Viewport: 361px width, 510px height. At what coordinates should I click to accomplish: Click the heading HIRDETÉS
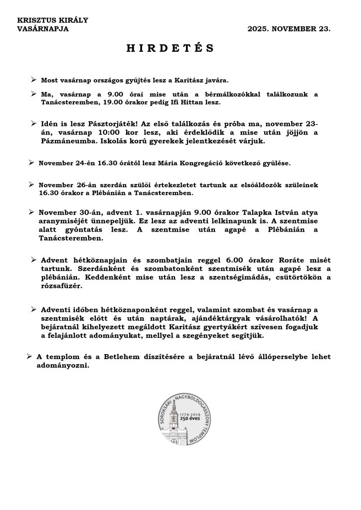tap(170, 48)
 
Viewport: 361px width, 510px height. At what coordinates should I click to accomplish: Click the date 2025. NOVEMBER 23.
tap(289, 29)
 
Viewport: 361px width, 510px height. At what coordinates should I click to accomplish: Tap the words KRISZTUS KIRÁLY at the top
tap(52, 20)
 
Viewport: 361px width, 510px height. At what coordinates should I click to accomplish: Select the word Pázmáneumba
tap(68, 141)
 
